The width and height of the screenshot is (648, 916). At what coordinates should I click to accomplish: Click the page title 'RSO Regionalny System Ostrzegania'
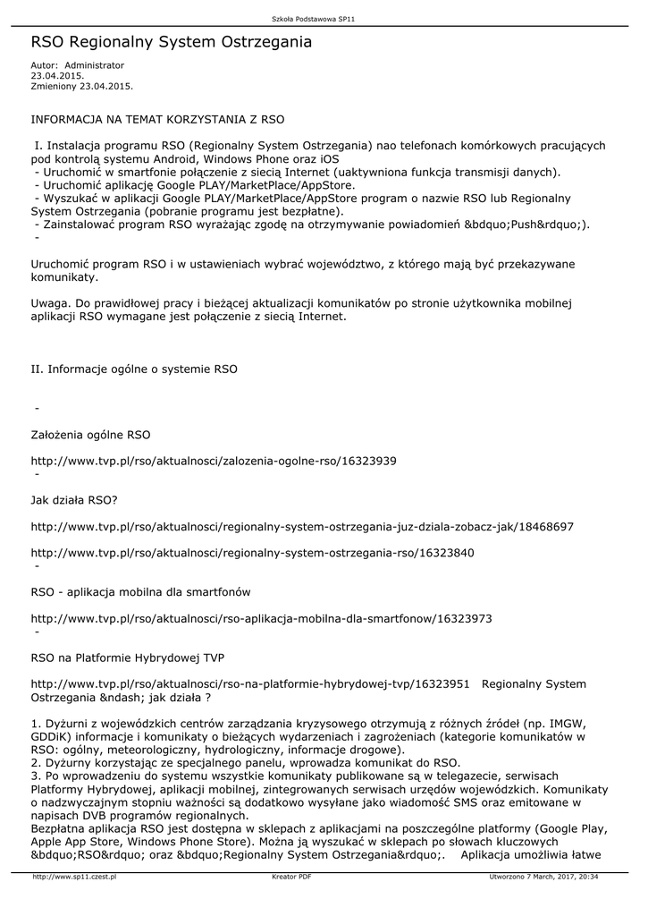coord(172,42)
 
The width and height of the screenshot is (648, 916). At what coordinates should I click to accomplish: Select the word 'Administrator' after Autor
coord(95,65)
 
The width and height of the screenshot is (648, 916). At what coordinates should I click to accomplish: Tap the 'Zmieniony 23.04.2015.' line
coord(82,86)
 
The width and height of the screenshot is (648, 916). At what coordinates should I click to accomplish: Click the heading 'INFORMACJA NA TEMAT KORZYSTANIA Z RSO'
coord(158,117)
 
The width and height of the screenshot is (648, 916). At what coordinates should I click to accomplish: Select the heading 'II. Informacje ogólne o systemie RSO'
coord(134,368)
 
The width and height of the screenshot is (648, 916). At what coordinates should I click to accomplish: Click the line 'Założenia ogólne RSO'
coord(91,435)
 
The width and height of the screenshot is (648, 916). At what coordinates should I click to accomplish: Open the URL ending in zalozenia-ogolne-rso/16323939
coord(214,461)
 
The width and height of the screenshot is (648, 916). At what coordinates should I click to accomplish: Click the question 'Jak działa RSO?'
coord(75,500)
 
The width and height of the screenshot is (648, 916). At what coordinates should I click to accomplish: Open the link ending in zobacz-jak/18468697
coord(302,527)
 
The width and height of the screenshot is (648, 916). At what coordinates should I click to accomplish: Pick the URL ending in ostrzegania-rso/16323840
coord(252,553)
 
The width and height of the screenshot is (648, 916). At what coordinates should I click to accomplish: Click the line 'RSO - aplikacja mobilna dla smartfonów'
coord(141,592)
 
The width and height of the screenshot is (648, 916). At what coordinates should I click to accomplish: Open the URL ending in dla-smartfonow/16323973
coord(261,618)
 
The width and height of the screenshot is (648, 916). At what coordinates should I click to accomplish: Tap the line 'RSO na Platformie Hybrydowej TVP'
coord(128,657)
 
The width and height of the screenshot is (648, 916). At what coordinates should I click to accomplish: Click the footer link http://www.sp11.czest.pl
coord(74,878)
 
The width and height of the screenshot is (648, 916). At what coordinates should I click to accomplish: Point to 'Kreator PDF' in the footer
coord(291,878)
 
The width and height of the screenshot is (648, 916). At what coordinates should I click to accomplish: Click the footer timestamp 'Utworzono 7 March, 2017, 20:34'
coord(543,878)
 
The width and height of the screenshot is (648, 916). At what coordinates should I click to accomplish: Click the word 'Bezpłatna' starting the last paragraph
coord(57,828)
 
